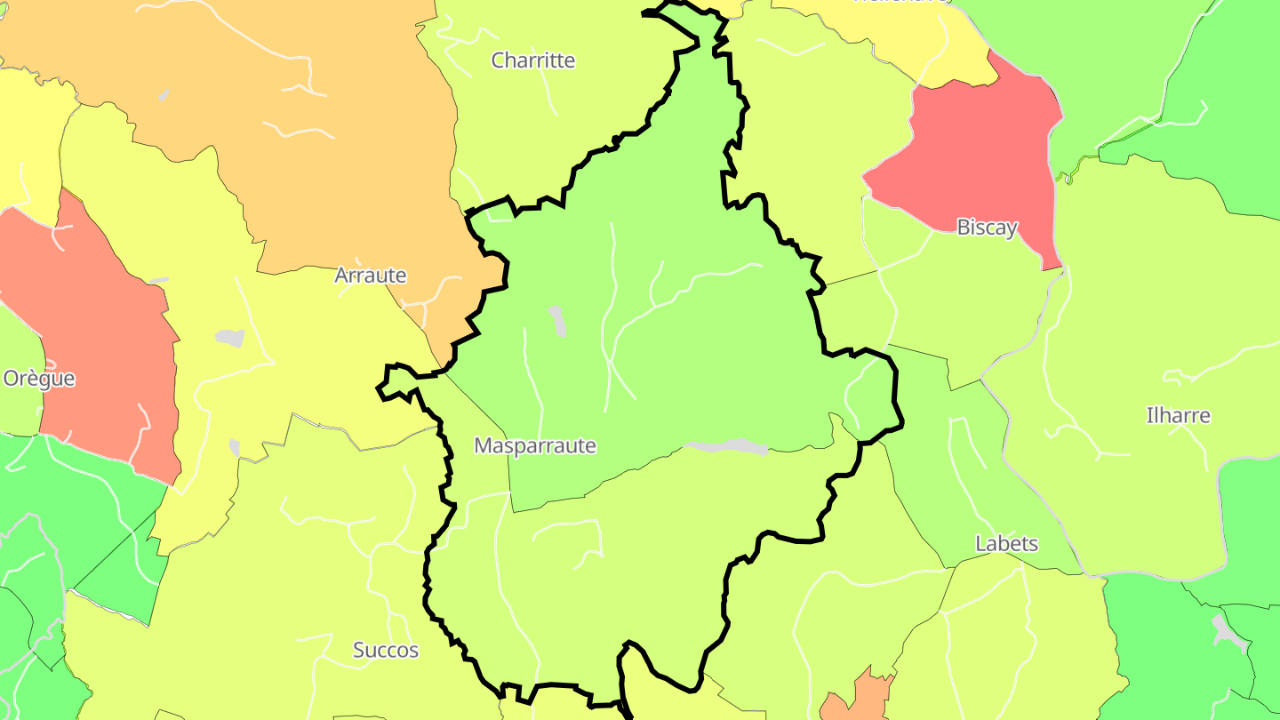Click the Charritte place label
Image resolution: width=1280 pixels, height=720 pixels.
tap(533, 60)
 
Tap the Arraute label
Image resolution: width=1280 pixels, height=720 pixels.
tap(370, 276)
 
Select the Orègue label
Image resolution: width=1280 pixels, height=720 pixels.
tap(39, 379)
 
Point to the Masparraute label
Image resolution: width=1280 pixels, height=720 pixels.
tap(534, 445)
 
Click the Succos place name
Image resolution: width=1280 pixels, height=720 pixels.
tap(386, 650)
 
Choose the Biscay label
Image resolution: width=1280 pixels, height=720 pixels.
tap(986, 228)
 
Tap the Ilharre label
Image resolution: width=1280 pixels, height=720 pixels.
tap(1178, 415)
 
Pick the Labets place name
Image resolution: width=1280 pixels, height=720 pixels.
tap(1006, 543)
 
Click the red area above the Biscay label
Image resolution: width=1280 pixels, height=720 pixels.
tap(978, 151)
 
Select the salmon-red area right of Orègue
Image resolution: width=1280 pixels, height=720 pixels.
tap(98, 338)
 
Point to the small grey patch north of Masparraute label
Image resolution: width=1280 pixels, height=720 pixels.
tap(557, 321)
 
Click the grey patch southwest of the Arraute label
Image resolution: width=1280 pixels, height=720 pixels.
tap(230, 338)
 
